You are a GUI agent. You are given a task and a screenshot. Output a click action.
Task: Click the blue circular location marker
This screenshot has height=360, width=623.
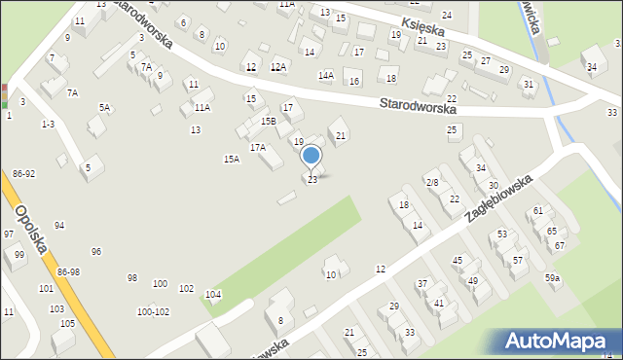(x=311, y=156)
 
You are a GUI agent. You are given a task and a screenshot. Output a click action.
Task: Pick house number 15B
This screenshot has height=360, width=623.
(x=268, y=121)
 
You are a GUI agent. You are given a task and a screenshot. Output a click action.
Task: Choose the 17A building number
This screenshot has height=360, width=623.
(x=257, y=147)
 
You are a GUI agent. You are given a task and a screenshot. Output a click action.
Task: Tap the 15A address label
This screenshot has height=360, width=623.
(x=231, y=159)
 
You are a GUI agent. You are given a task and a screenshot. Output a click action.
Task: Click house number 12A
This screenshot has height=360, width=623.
(x=278, y=67)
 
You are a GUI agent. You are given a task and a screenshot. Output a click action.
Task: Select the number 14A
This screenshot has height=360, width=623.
(x=325, y=75)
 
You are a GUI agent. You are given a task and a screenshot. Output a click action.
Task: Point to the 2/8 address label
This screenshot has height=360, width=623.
(x=432, y=182)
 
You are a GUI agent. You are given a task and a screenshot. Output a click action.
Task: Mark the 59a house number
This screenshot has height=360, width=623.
(x=552, y=278)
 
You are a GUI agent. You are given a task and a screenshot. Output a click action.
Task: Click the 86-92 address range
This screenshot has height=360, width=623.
(x=24, y=173)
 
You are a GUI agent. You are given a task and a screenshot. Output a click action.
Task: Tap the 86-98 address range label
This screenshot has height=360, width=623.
(x=68, y=271)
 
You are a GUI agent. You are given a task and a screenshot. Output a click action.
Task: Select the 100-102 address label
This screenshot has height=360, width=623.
(x=153, y=312)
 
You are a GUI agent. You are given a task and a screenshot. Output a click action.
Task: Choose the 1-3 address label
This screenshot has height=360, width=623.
(x=48, y=125)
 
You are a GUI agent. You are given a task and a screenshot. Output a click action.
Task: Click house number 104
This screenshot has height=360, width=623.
(x=212, y=294)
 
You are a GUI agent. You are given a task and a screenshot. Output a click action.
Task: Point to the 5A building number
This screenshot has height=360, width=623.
(x=104, y=108)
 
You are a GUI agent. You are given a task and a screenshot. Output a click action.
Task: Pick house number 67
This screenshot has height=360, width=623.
(x=560, y=245)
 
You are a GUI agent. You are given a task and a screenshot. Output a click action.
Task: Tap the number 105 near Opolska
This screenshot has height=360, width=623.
(x=67, y=323)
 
